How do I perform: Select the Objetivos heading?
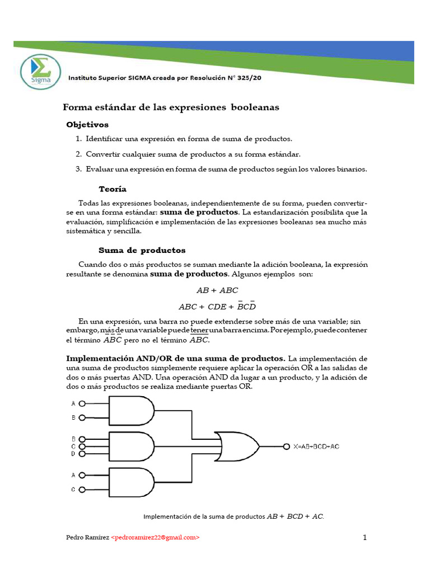pos(87,124)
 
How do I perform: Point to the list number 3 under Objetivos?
pos(78,169)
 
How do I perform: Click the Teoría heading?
pos(113,189)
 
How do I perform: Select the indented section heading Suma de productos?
pos(142,250)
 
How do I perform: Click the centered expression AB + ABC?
pos(217,290)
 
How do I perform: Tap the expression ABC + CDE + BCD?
pos(217,307)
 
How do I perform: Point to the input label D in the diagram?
pos(73,454)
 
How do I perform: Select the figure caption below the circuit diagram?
pos(234,516)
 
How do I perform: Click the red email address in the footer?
pos(155,537)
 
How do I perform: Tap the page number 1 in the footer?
pos(364,538)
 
